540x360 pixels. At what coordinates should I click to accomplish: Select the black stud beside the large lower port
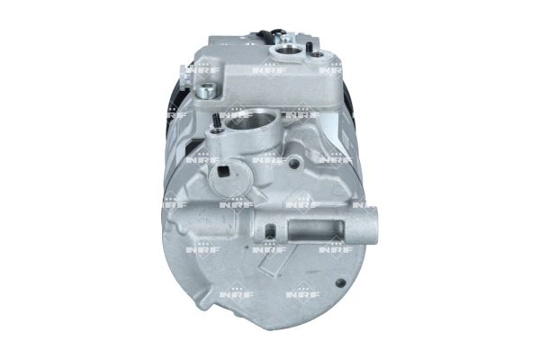coord(218,120)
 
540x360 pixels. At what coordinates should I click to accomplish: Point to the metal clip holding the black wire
coord(279,38)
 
